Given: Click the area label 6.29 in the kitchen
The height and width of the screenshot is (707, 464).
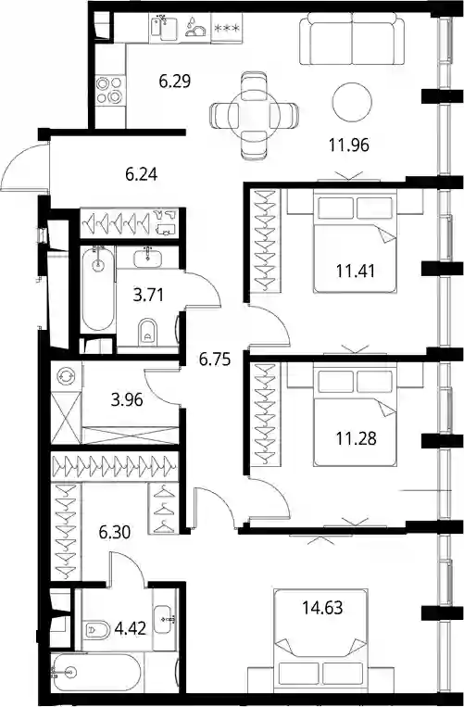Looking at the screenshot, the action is [175, 82].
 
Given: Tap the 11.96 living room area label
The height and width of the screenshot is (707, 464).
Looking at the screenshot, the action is [348, 145].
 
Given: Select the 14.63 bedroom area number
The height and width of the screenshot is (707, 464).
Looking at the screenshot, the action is [322, 607].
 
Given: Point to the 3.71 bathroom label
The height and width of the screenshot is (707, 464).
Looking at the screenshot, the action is [148, 295].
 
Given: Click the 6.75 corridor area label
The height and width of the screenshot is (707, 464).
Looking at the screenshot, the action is [215, 360].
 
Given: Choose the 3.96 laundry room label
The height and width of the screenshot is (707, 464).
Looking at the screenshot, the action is [127, 399].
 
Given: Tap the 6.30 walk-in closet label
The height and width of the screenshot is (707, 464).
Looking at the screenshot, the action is [115, 532].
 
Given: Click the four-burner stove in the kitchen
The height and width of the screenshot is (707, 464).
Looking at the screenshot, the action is [110, 90].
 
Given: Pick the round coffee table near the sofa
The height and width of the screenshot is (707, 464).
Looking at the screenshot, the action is [352, 102].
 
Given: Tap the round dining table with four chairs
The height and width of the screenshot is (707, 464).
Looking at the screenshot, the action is [254, 116].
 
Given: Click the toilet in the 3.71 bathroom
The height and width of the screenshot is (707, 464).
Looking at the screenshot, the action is [147, 332].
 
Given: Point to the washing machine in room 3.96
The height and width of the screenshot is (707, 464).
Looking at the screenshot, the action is [67, 376].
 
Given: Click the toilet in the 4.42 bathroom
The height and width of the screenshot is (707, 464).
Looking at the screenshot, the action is [97, 629].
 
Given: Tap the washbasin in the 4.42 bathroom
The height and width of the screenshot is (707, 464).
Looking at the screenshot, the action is [164, 620].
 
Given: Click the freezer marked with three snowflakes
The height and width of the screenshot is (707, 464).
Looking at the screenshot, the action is [227, 28].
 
